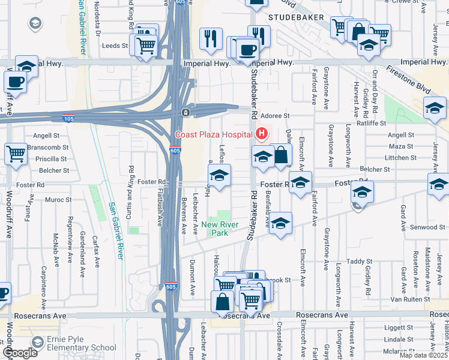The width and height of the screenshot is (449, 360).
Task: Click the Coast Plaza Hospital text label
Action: coord(212,134)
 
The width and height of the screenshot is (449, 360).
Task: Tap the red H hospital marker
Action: coord(261,133)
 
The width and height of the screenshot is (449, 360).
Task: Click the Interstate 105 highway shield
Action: coord(69,118)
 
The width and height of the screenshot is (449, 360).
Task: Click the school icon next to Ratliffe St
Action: coord(435,108)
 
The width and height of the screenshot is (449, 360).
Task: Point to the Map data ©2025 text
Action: coord(423,355)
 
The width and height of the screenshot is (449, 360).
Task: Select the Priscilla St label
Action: coord(52,159)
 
